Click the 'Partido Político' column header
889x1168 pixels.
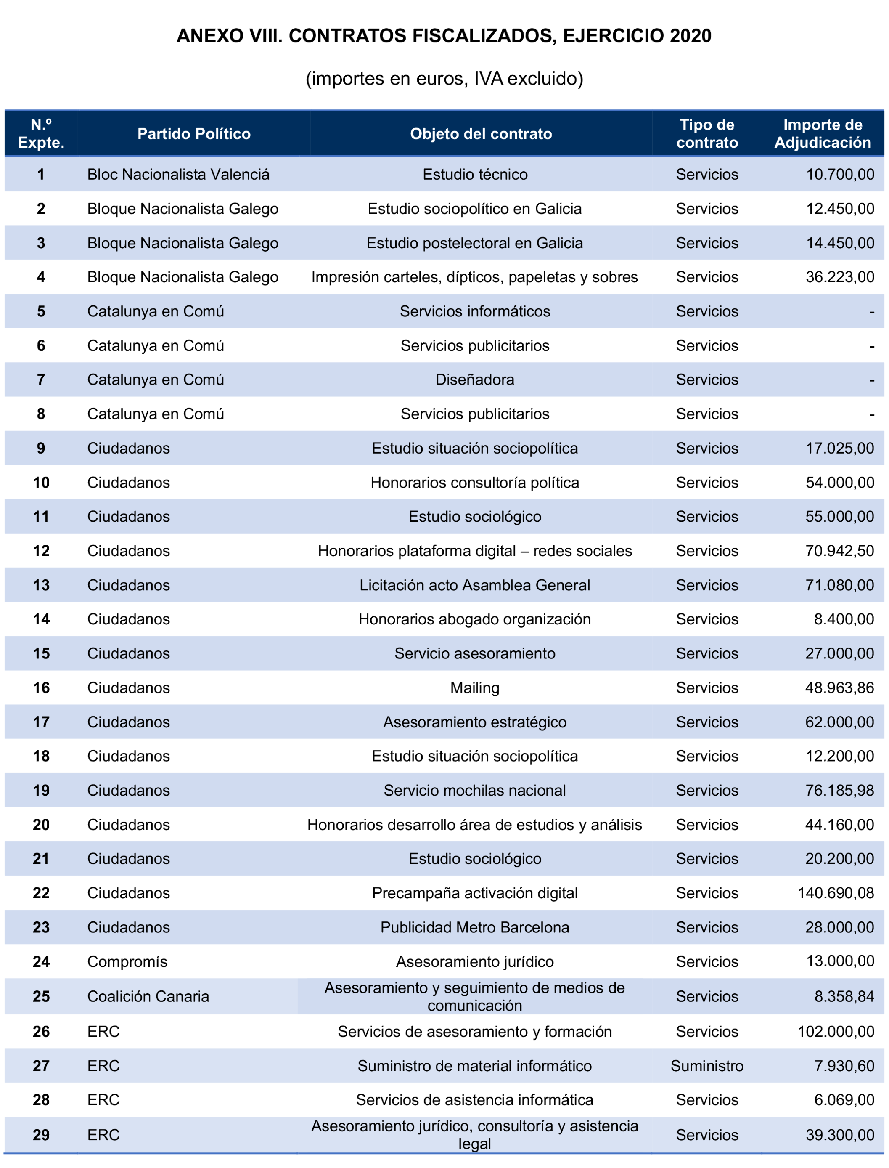coord(194,133)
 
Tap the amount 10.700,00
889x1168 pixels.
coord(840,174)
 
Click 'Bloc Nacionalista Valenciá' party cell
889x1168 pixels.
coord(178,174)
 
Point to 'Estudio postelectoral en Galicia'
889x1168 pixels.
coord(475,243)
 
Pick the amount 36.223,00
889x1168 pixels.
coord(840,277)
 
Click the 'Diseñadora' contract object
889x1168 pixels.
coord(475,380)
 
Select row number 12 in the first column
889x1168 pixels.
coord(41,551)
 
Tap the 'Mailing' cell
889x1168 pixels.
coord(475,688)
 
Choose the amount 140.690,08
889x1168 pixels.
coord(836,893)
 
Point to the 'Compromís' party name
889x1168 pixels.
coord(127,961)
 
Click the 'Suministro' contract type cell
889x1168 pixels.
coord(707,1066)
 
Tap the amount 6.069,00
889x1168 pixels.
coord(844,1100)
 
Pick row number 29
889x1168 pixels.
coord(41,1135)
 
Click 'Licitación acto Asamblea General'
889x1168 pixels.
coord(475,585)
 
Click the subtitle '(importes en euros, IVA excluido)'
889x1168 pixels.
coord(444,78)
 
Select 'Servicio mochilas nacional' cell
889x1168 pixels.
coord(475,791)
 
